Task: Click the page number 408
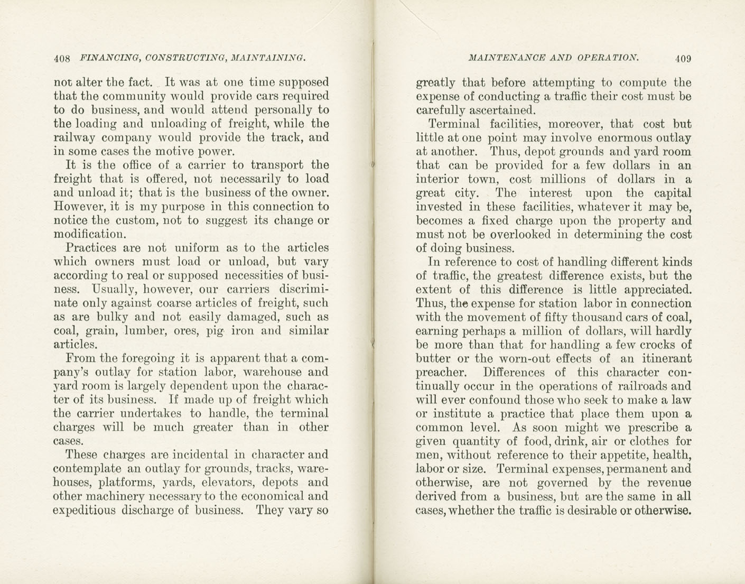[62, 59]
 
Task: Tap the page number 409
[683, 59]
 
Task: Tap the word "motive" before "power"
[173, 151]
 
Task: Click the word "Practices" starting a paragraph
[91, 247]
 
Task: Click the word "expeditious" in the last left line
[84, 510]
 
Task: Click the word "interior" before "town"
[437, 179]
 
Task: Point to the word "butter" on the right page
[434, 358]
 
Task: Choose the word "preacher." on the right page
[441, 372]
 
